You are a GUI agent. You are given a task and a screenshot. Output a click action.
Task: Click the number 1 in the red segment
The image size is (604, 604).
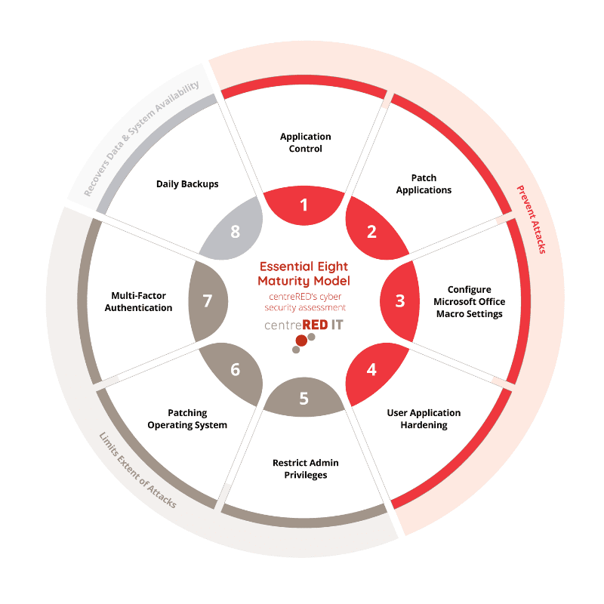tap(304, 205)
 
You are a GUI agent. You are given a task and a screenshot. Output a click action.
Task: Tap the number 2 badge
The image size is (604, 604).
tap(371, 232)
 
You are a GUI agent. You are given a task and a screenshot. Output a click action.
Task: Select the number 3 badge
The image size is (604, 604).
tap(399, 300)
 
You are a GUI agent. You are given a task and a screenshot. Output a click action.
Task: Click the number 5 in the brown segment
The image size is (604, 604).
tap(304, 398)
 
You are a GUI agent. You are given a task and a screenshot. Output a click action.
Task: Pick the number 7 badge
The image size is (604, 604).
tap(208, 300)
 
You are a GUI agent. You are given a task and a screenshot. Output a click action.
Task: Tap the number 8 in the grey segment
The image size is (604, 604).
tap(235, 232)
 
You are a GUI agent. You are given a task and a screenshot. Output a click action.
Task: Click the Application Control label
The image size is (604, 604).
tap(305, 143)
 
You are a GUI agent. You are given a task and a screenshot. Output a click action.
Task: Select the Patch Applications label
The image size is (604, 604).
tap(424, 183)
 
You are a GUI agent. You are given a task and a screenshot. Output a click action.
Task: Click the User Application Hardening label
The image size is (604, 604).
tap(424, 419)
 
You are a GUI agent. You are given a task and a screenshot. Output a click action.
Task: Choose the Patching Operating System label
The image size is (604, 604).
tap(187, 419)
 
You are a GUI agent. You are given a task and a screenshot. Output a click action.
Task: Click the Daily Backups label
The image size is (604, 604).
tap(187, 183)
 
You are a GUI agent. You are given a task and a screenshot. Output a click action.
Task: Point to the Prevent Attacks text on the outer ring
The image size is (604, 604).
tap(531, 219)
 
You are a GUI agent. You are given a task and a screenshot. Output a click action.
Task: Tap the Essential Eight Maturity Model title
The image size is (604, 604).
tap(304, 273)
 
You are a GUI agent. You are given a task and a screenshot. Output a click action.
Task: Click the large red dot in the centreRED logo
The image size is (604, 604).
tap(301, 341)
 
